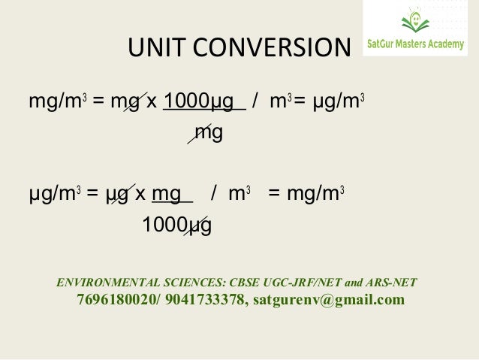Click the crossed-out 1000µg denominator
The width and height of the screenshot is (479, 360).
point(176,225)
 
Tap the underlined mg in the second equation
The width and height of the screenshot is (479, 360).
point(167,193)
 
